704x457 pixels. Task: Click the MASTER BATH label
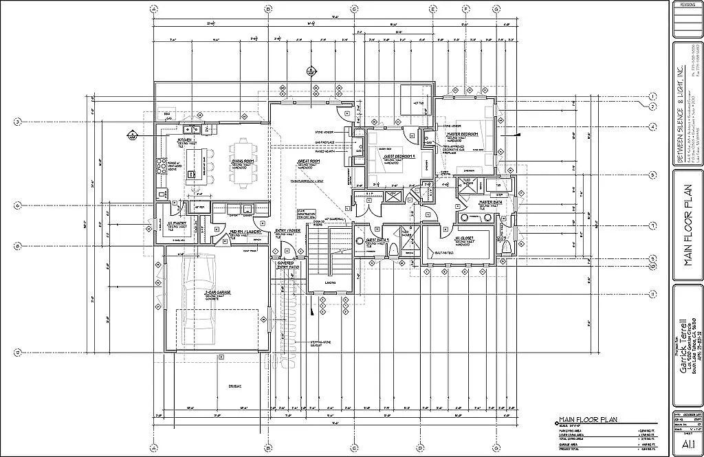492,203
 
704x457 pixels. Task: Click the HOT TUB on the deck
417,102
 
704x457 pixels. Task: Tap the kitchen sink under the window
190,129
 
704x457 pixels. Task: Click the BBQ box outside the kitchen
166,113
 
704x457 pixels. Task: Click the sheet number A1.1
686,444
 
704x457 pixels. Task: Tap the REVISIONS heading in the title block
686,5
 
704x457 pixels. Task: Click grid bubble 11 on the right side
652,293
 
